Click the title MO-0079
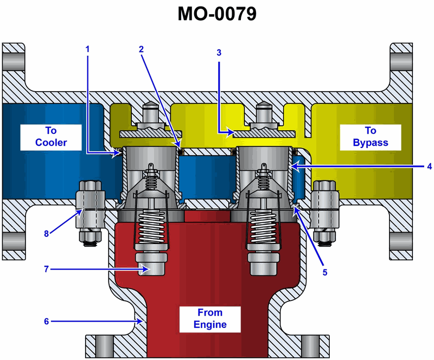[x=216, y=14]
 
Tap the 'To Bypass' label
[x=371, y=136]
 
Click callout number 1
[x=87, y=49]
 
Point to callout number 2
[x=141, y=49]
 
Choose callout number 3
[x=219, y=53]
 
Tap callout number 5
[x=325, y=273]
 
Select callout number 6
[x=46, y=321]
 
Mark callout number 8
[x=47, y=234]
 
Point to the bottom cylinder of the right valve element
[x=262, y=263]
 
